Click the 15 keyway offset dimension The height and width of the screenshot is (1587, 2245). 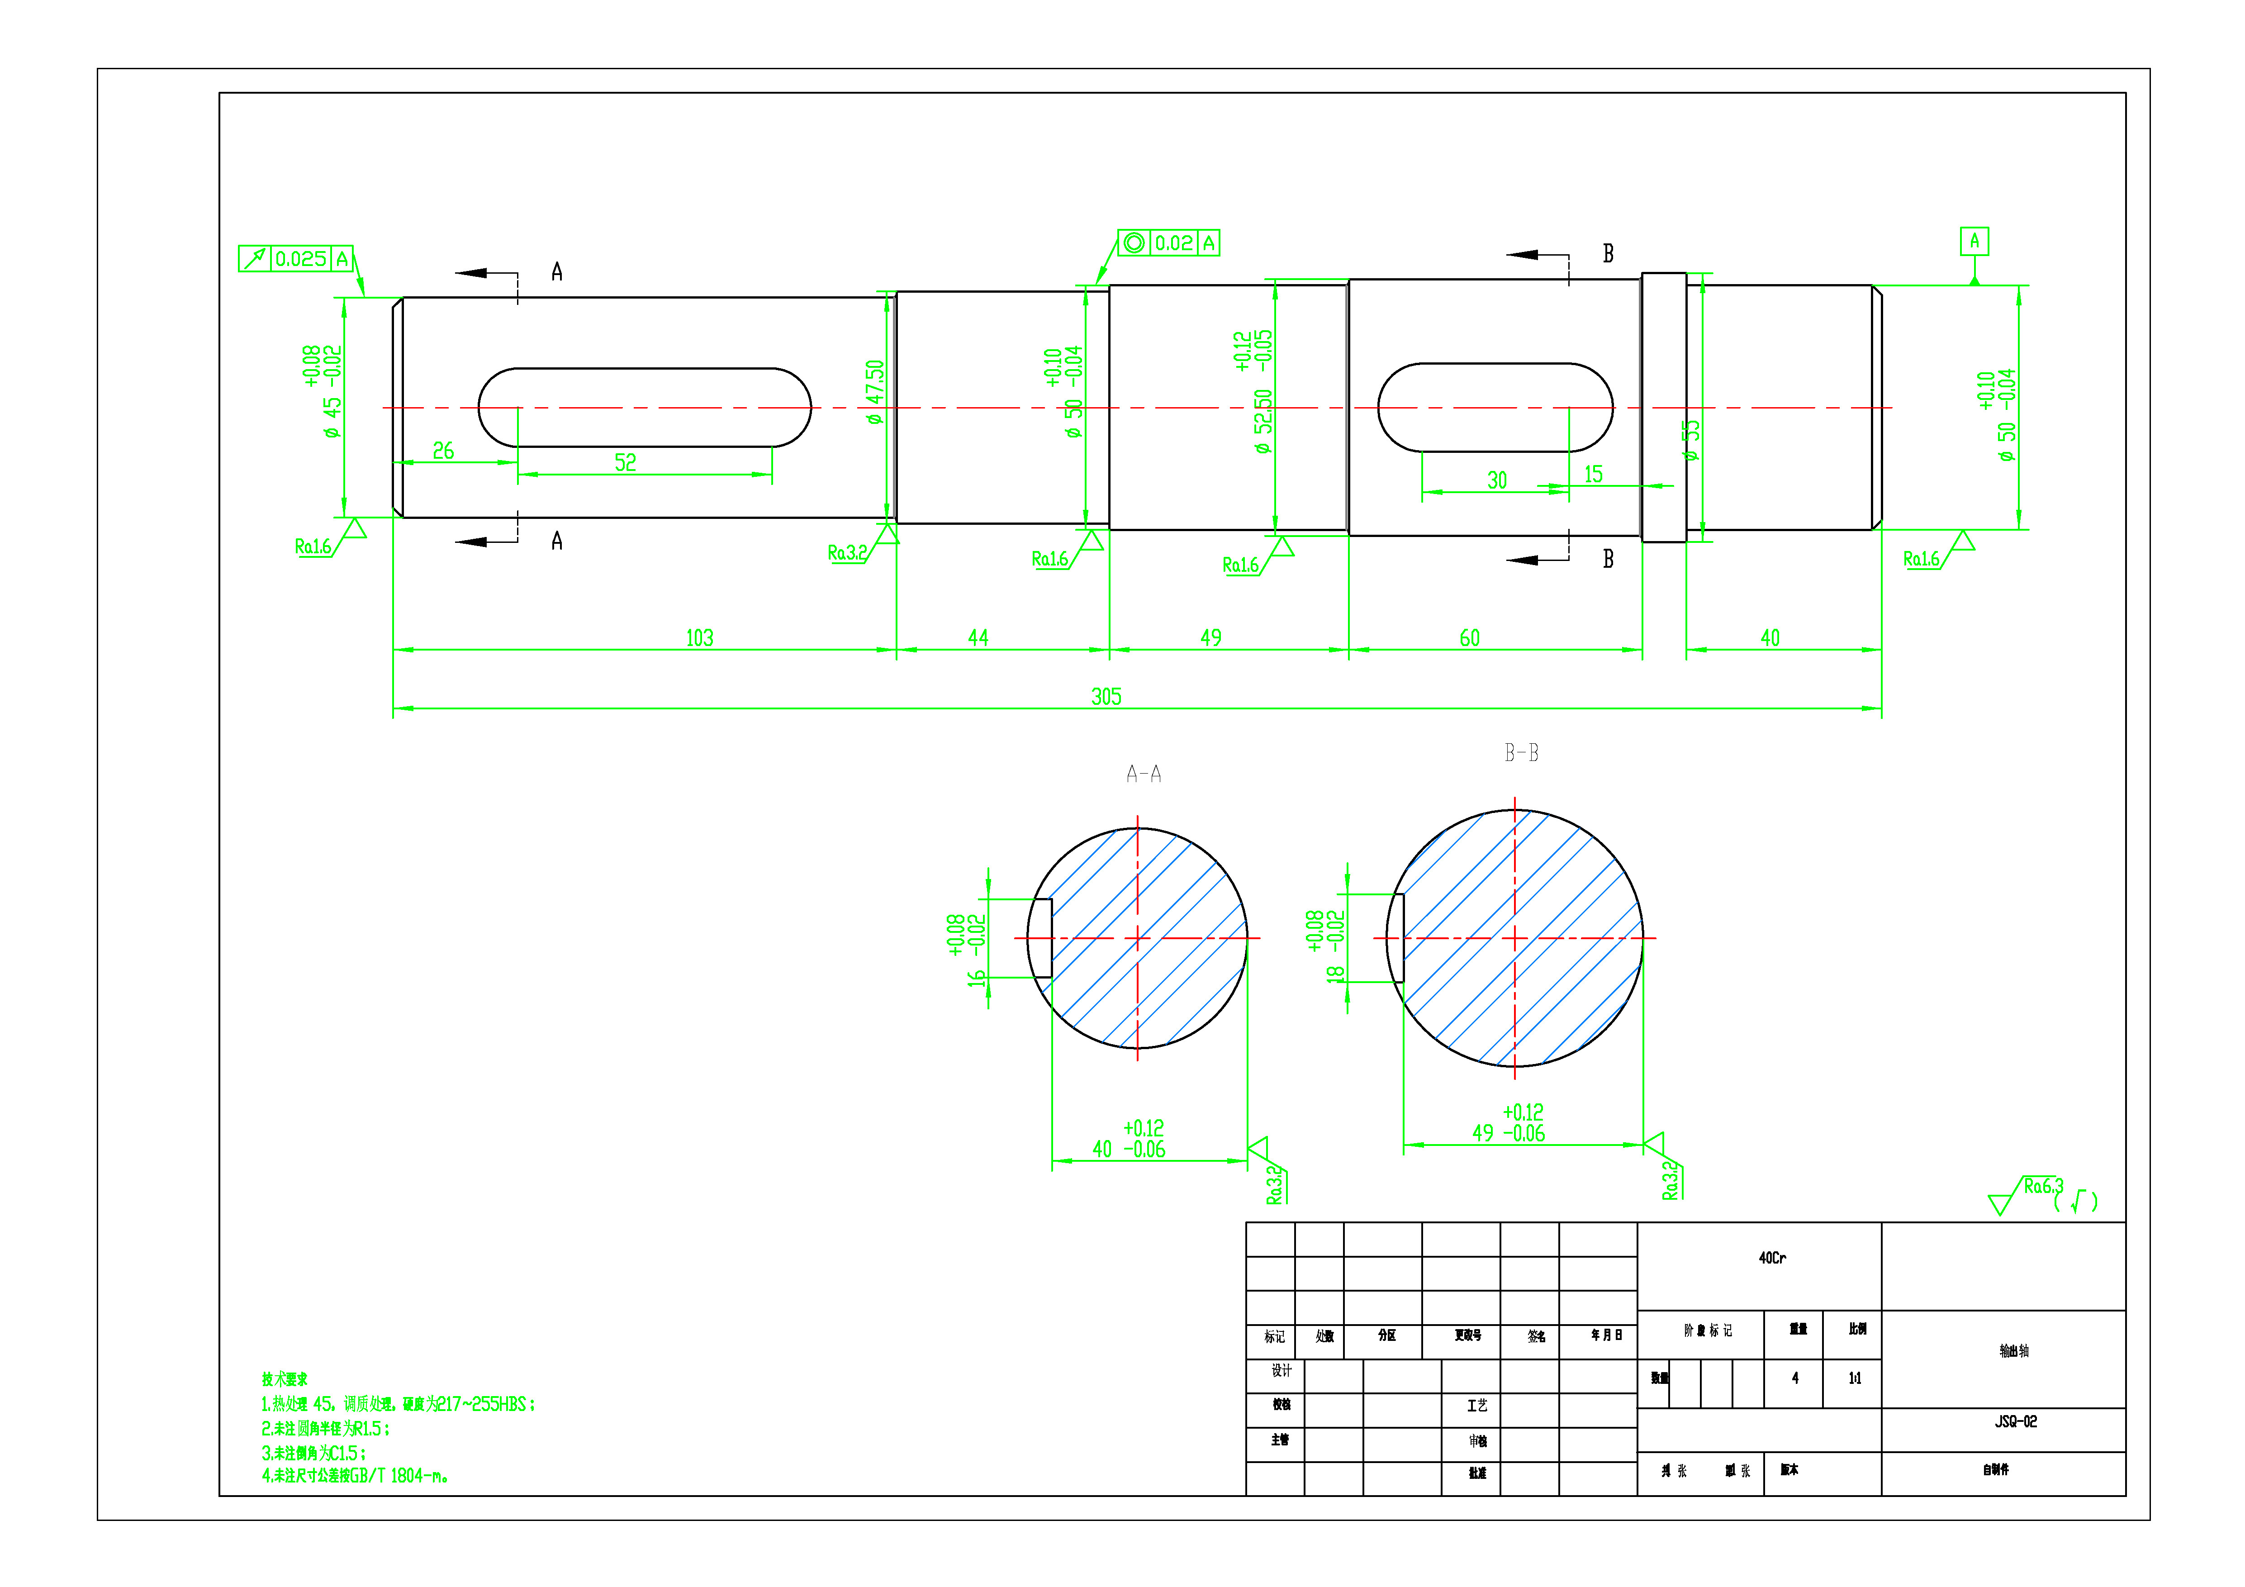click(1593, 474)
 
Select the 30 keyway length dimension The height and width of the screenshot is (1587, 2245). click(1496, 480)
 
